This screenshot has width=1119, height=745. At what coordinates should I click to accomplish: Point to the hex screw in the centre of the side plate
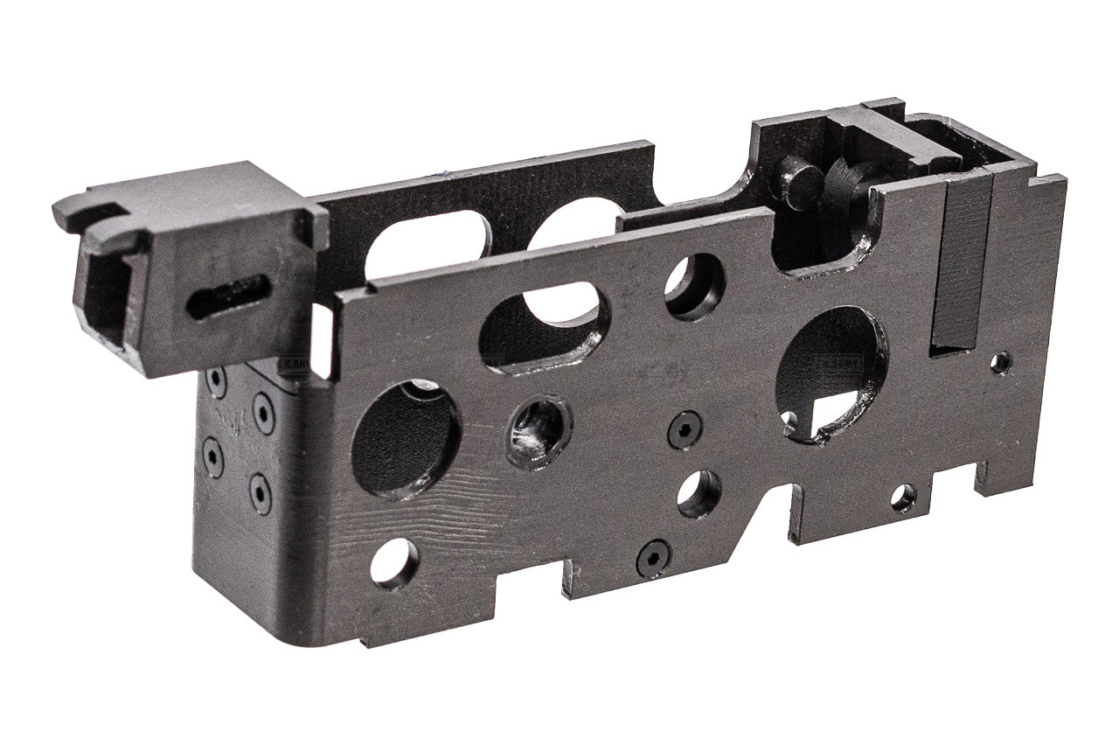(684, 429)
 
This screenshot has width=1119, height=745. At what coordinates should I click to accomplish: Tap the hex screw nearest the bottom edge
(652, 558)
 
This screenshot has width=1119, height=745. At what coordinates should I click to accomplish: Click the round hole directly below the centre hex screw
(699, 494)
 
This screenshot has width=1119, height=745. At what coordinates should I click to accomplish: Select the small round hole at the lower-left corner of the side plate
(393, 562)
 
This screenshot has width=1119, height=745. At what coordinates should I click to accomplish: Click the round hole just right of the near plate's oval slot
(694, 286)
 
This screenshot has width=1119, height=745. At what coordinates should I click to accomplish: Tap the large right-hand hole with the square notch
(831, 372)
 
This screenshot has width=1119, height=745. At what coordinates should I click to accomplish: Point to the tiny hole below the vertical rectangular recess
(1001, 362)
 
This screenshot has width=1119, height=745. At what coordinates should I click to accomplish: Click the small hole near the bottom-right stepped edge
(903, 498)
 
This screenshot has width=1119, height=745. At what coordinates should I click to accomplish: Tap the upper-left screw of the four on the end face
(215, 381)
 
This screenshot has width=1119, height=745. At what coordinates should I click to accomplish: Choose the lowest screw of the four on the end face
(260, 493)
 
